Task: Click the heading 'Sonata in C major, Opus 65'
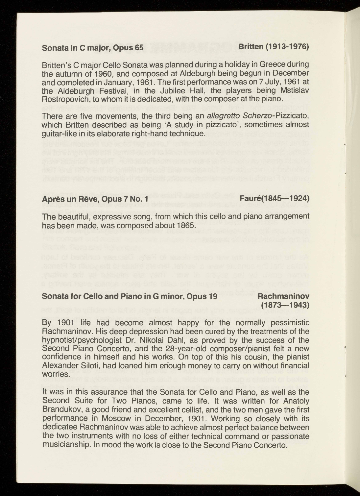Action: pyautogui.click(x=93, y=48)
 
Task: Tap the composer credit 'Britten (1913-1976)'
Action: pyautogui.click(x=274, y=47)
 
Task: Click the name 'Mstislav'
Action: pyautogui.click(x=293, y=90)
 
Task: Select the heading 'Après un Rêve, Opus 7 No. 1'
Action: pyautogui.click(x=95, y=199)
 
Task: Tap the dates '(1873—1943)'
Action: pyautogui.click(x=285, y=305)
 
